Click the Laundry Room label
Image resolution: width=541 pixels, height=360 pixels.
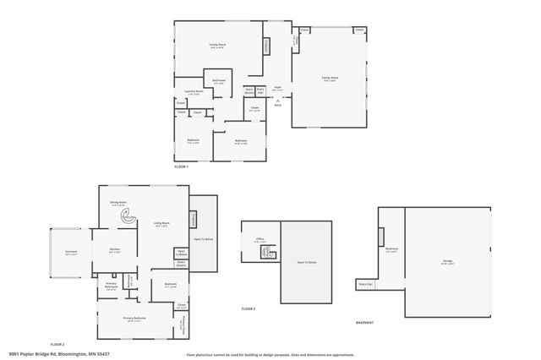pos(194,91)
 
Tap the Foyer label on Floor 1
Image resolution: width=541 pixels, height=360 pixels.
pos(278,88)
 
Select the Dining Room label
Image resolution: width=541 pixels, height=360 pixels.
pos(118,203)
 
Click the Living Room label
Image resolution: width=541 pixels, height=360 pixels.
pos(161,224)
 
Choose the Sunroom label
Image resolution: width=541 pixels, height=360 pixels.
pos(71,253)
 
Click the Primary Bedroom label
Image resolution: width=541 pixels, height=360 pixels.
pos(134,319)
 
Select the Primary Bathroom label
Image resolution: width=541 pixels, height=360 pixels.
pos(112,286)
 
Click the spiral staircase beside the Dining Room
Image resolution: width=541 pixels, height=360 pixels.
pos(128,216)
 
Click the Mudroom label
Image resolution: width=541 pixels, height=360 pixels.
pos(391,249)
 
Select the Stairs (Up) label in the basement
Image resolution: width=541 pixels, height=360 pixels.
pos(365,285)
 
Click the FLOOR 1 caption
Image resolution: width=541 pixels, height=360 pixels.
pos(181,166)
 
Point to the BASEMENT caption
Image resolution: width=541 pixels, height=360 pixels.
pos(364,322)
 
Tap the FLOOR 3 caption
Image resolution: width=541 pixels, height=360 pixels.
pos(249,309)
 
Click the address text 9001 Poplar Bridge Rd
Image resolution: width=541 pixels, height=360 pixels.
pos(59,354)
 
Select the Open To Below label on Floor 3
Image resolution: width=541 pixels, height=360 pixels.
pos(306,263)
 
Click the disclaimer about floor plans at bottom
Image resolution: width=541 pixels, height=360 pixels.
pos(270,355)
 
